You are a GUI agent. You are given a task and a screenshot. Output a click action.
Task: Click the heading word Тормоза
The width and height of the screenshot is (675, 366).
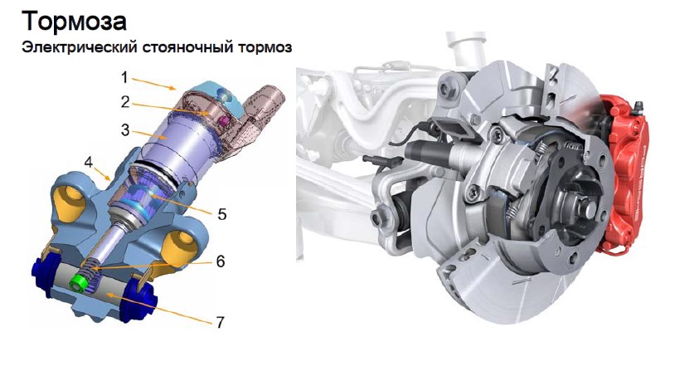pos(74,22)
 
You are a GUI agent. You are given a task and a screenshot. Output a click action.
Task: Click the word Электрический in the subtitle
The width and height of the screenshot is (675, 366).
pos(80,47)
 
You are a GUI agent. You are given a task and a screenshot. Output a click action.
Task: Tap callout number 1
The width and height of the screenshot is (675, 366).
pos(124,78)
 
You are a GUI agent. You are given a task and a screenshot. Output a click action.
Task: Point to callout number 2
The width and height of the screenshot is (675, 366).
pos(125,102)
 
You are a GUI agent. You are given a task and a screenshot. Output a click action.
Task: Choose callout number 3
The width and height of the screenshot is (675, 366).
pos(125,129)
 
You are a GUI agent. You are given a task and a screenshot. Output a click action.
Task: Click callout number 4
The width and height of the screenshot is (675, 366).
pos(89,163)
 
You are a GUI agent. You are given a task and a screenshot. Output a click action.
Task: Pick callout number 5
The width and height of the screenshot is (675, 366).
pos(222,214)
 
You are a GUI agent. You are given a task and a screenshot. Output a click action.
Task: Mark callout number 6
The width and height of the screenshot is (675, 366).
pos(221,261)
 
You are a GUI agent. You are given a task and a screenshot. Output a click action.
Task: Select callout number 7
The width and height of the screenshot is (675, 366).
pos(221,322)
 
